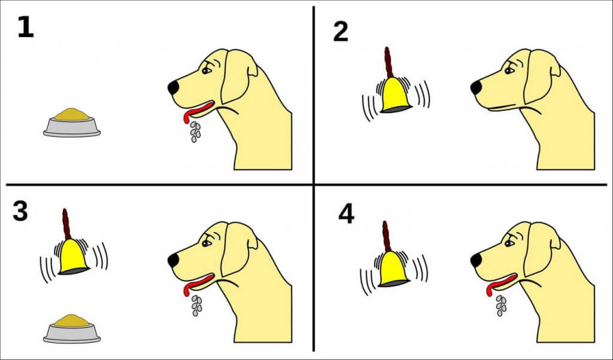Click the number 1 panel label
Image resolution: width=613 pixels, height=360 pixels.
click(x=26, y=28)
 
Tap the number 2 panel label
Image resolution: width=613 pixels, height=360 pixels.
click(x=341, y=32)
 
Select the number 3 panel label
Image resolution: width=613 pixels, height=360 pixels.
click(x=20, y=211)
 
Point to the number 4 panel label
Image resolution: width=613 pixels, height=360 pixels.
click(x=347, y=214)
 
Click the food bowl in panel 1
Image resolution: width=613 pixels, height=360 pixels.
click(x=72, y=123)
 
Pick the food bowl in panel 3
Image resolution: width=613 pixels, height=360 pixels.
click(x=72, y=329)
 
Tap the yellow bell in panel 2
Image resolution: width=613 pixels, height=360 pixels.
click(x=396, y=95)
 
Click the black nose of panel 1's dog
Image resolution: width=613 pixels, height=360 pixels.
click(x=174, y=87)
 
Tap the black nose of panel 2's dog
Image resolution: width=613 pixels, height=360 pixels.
click(x=476, y=87)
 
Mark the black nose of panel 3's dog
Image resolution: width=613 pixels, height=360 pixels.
click(x=174, y=260)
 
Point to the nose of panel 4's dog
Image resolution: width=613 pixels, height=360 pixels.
click(x=476, y=260)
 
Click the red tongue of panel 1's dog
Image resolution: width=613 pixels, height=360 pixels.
click(x=198, y=111)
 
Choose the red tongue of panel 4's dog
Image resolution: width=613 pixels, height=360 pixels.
click(x=500, y=283)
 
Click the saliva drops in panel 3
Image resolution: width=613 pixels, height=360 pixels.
click(x=196, y=306)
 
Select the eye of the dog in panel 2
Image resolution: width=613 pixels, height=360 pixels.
click(x=509, y=71)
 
